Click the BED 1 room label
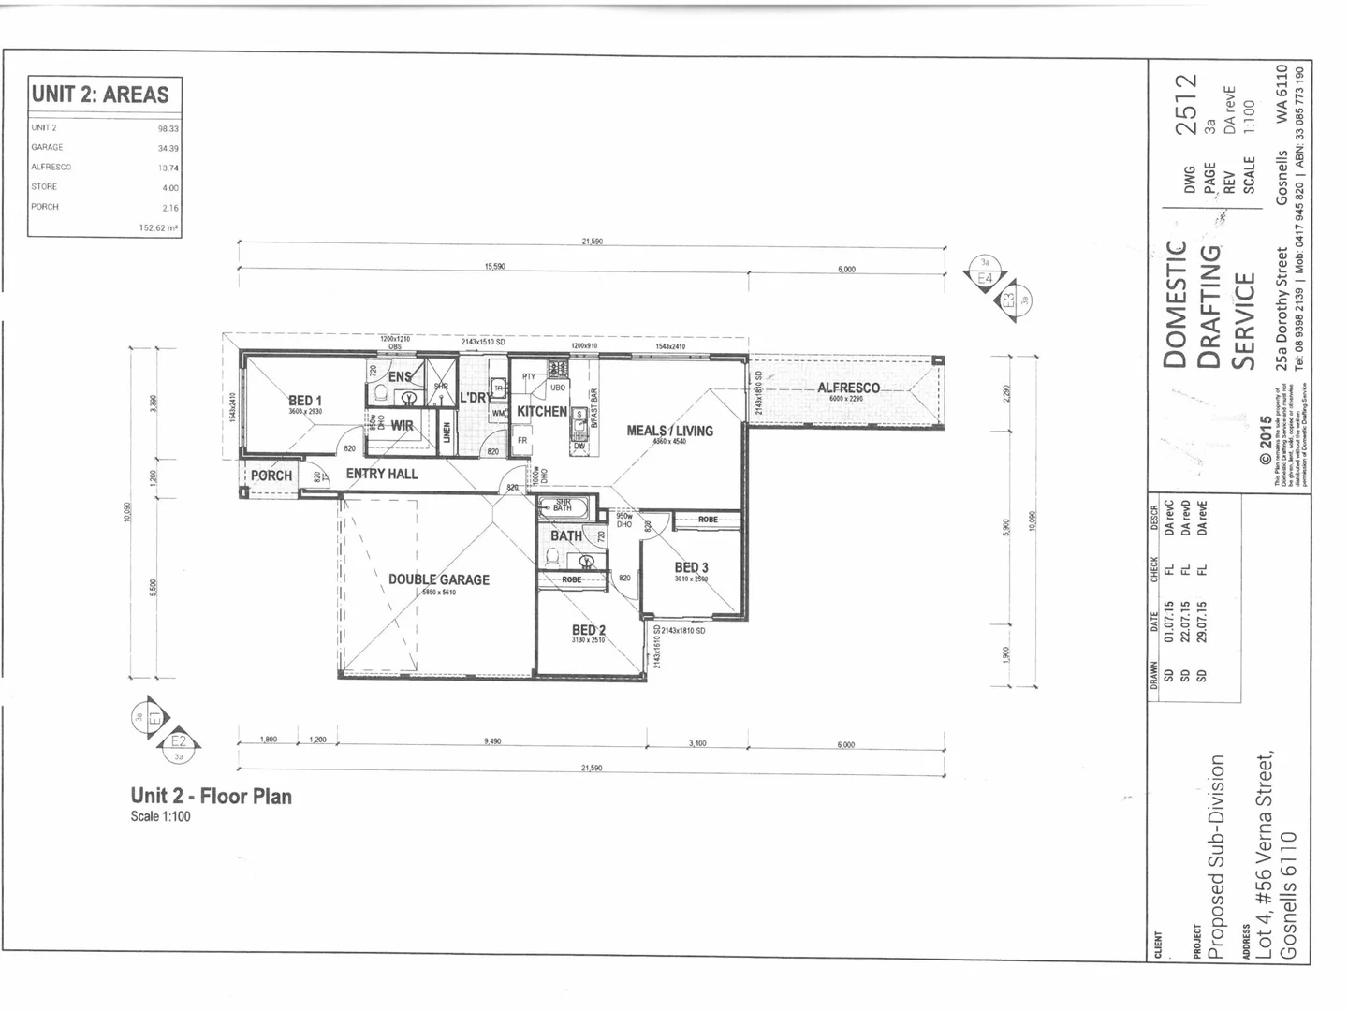305,401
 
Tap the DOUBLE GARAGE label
439,579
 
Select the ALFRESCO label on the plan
848,388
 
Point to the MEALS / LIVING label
669,431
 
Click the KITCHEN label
542,411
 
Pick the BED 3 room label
691,567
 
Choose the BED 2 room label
589,630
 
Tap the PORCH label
271,476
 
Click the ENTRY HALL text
382,474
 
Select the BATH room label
565,535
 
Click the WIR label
403,425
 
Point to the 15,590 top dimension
494,267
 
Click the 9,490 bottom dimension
492,741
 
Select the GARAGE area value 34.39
168,148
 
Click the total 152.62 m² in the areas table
159,227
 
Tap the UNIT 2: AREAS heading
100,95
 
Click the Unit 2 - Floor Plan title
212,797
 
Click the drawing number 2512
1186,105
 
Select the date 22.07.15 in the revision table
1186,620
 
